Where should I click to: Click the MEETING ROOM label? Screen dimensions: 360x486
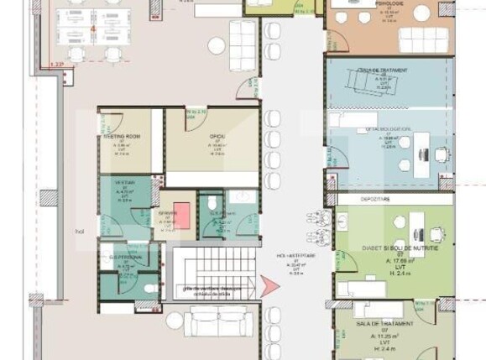[x=122, y=136]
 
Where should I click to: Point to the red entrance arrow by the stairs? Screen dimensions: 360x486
[x=270, y=286]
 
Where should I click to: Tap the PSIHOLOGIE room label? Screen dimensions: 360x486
[x=388, y=4]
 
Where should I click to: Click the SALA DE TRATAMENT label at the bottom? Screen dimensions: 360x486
[x=385, y=323]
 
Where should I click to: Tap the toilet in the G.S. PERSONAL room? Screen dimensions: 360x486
[x=149, y=289]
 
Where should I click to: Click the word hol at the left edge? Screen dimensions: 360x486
[x=81, y=230]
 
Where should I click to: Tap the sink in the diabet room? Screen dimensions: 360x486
[x=346, y=222]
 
